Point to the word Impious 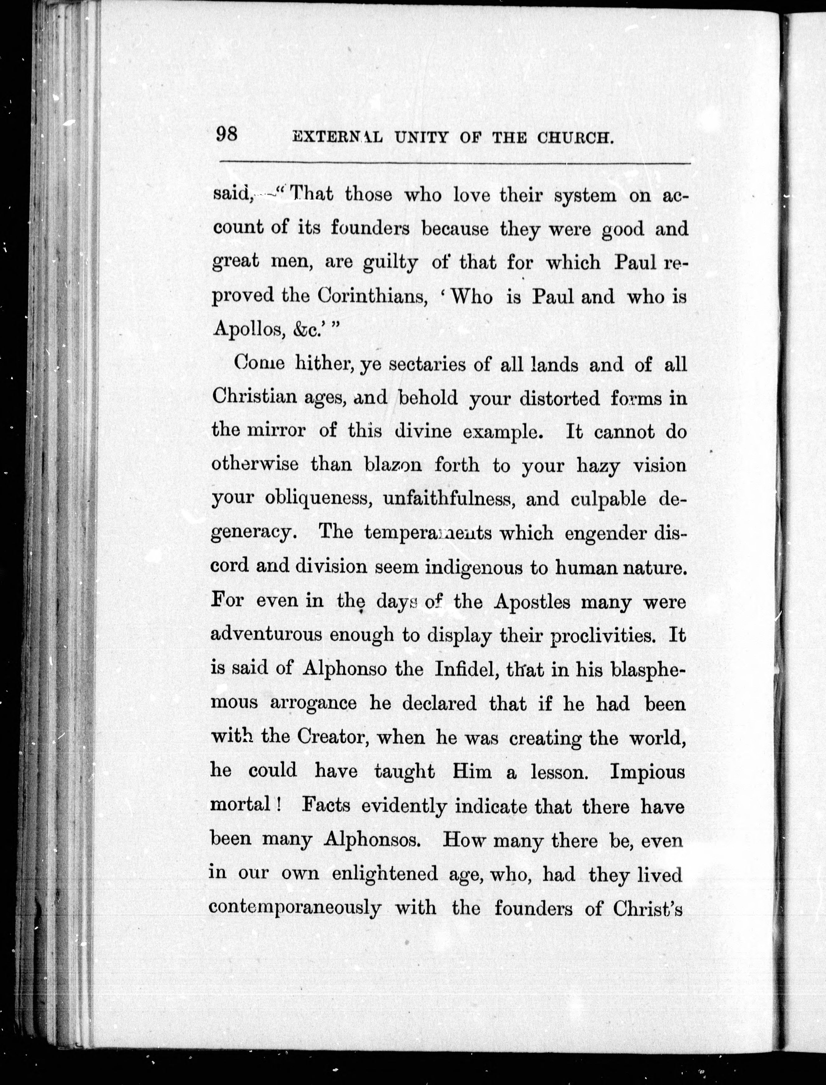[x=647, y=771]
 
